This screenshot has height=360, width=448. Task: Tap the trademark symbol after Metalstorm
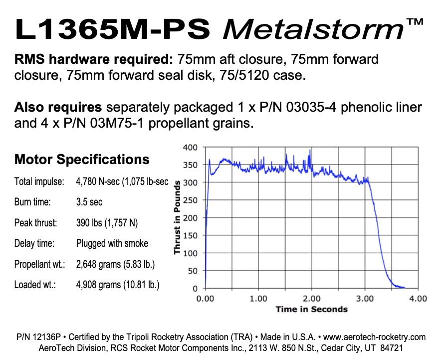[416, 22]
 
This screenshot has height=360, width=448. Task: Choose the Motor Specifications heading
[82, 160]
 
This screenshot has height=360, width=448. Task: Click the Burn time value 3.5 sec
[90, 202]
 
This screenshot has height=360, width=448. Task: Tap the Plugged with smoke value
[112, 243]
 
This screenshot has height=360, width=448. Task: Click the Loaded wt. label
[35, 285]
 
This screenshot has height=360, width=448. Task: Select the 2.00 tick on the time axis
[312, 299]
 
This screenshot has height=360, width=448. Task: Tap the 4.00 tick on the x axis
[418, 299]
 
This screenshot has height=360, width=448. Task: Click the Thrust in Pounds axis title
[177, 218]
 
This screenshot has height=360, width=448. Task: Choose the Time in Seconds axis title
[312, 309]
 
